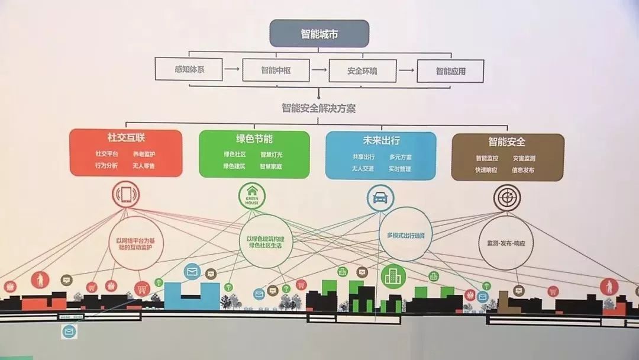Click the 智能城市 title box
tap(319, 33)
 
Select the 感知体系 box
tap(189, 70)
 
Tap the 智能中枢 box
tap(276, 70)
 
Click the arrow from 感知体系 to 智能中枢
tap(233, 70)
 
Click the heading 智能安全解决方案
tap(319, 108)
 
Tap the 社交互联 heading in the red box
tap(125, 140)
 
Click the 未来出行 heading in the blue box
tap(381, 141)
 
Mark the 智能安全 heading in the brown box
tap(507, 143)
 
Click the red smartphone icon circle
tap(125, 195)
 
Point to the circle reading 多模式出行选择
tap(405, 235)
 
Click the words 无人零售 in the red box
tap(144, 166)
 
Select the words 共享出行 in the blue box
tap(363, 157)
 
